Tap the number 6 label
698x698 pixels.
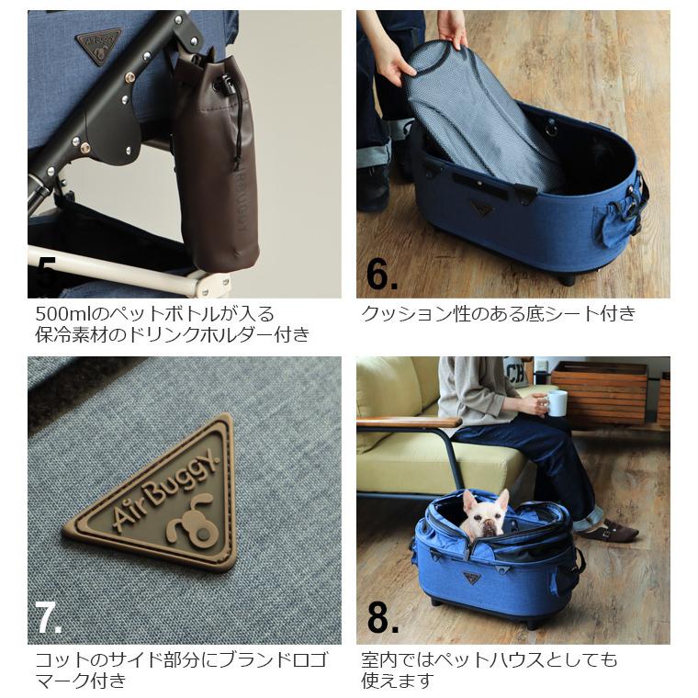coord(382,274)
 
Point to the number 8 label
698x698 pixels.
coord(382,617)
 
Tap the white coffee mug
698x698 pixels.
coord(557,403)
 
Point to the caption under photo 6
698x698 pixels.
coord(498,314)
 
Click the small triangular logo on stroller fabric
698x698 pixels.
coord(98,45)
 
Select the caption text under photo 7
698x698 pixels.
coord(174,670)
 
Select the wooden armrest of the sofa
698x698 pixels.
coord(409,422)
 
